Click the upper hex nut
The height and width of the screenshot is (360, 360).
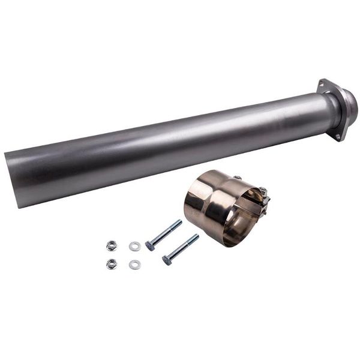[x=111, y=245]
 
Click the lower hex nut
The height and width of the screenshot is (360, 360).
[x=112, y=263]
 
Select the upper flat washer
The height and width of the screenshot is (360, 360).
[x=134, y=246]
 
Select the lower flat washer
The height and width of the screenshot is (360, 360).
[x=134, y=265]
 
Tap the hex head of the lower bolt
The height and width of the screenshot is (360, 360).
[x=167, y=260]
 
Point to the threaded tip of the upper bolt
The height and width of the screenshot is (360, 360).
[x=178, y=223]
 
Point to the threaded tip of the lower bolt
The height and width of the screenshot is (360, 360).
[x=195, y=237]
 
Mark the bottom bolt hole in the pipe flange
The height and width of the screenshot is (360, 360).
[x=339, y=136]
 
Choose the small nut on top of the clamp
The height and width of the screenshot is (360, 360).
[x=238, y=178]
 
